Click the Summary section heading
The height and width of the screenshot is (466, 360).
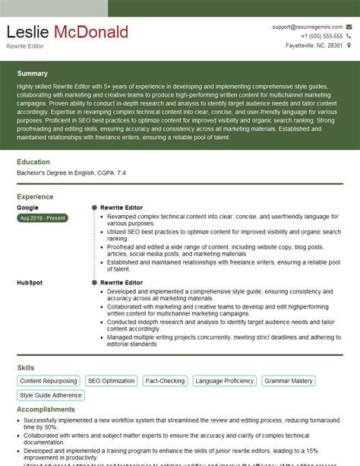(33, 74)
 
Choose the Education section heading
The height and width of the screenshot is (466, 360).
(33, 162)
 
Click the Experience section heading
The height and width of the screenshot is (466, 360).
(35, 196)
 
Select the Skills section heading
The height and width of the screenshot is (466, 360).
(25, 368)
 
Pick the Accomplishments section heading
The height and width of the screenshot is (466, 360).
(47, 409)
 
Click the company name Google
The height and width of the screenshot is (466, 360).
(27, 207)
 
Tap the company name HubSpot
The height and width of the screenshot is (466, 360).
(30, 282)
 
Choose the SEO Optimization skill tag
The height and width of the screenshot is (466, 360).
(110, 380)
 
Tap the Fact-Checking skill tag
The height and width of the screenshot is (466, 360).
(165, 380)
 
